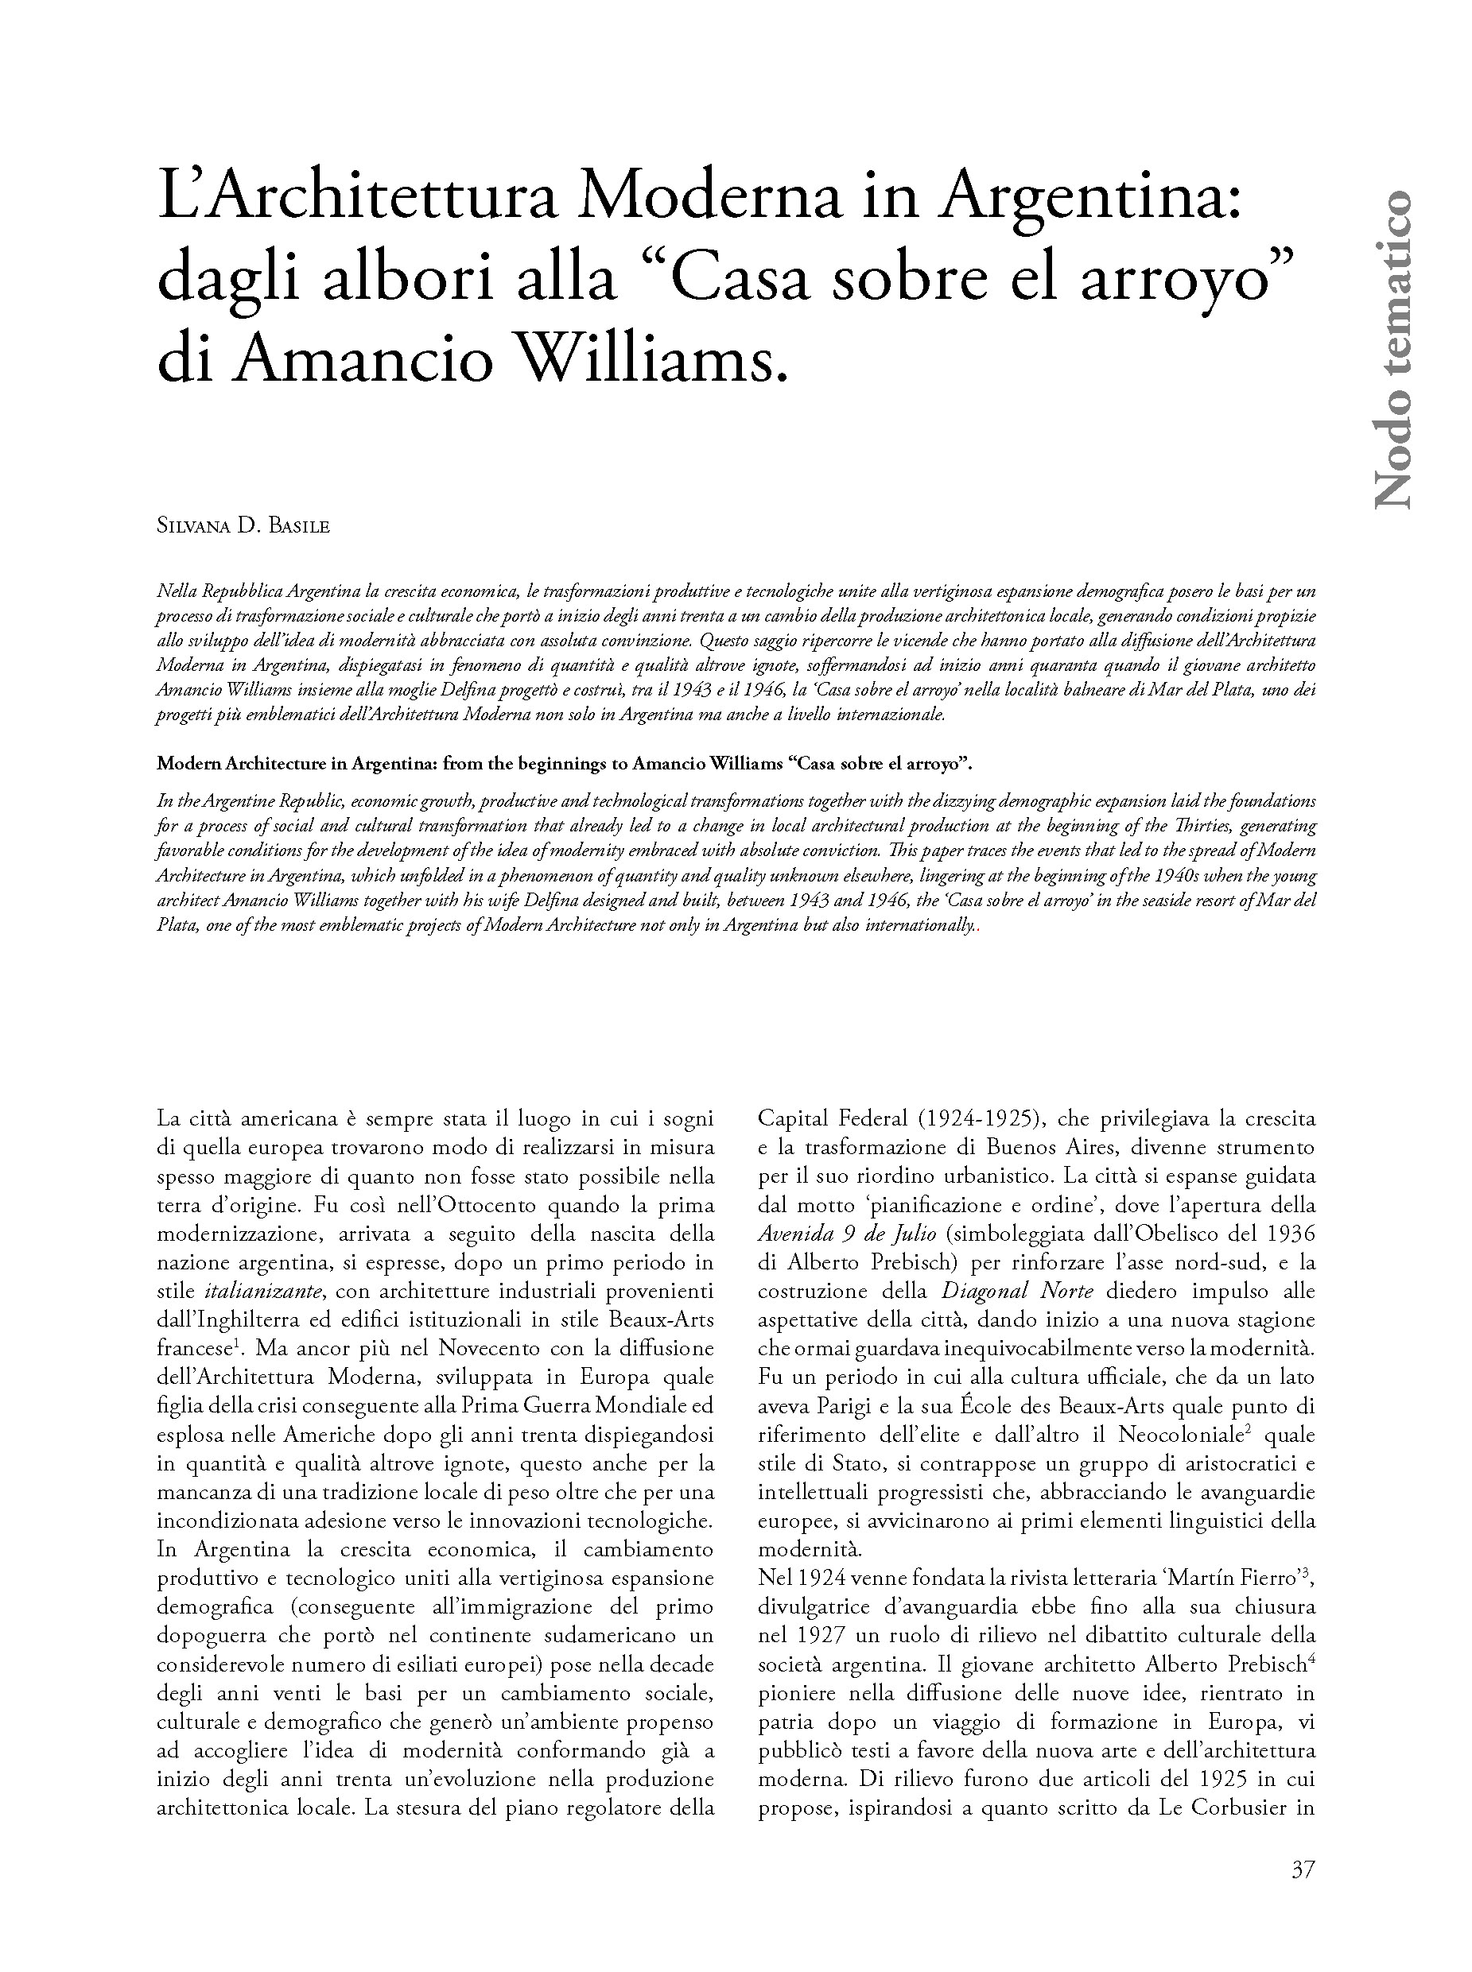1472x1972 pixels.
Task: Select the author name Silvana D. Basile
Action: (243, 526)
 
